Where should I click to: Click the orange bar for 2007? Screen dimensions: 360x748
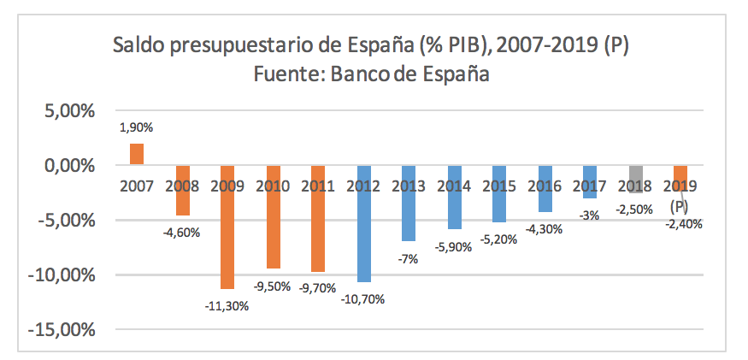pyautogui.click(x=136, y=154)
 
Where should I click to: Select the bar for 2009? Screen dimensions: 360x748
pyautogui.click(x=227, y=227)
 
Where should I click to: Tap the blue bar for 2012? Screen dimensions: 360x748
pyautogui.click(x=364, y=223)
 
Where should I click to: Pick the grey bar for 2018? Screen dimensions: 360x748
pyautogui.click(x=636, y=179)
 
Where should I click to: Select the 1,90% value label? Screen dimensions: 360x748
pyautogui.click(x=136, y=128)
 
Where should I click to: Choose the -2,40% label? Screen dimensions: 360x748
pyautogui.click(x=681, y=224)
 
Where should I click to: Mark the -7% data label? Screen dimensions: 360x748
pyautogui.click(x=409, y=258)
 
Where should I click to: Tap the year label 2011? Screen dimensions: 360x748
pyautogui.click(x=318, y=186)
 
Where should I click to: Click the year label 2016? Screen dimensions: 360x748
pyautogui.click(x=545, y=186)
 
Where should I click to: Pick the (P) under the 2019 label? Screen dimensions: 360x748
pyautogui.click(x=680, y=205)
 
